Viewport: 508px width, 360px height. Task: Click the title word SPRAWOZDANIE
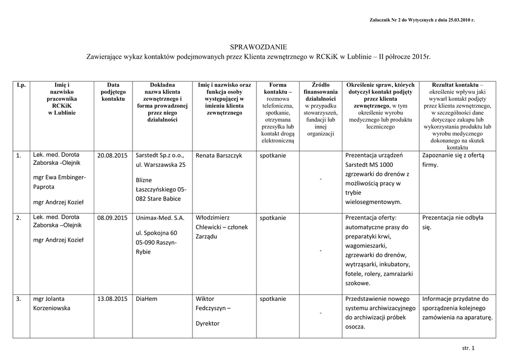(259, 47)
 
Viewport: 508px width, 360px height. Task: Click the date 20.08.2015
(113, 156)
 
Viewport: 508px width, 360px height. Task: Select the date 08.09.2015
(113, 218)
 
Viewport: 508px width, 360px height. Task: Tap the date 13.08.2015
(113, 299)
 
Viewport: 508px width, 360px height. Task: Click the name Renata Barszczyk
(219, 156)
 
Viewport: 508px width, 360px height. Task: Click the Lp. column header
(21, 85)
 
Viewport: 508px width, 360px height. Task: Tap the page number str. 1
(468, 348)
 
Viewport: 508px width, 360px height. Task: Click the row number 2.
(19, 218)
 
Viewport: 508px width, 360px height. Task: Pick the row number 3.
(19, 299)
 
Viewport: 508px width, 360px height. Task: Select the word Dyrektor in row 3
(208, 323)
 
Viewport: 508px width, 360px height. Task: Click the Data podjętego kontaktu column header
(113, 92)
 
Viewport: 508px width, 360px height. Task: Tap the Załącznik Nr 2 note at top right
(422, 20)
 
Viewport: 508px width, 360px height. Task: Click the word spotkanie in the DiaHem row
(272, 299)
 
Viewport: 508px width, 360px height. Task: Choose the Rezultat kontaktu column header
(457, 85)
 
